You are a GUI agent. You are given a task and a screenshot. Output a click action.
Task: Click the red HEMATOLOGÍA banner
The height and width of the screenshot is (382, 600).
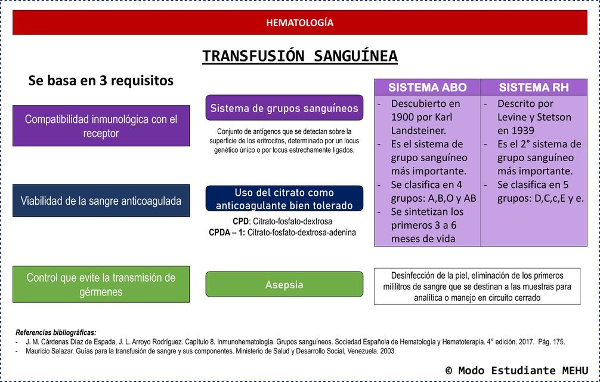point(299,23)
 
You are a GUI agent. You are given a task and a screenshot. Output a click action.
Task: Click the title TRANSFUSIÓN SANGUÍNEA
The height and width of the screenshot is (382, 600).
point(299,56)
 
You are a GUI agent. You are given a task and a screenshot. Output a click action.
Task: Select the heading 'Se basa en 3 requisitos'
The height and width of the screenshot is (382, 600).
point(101,81)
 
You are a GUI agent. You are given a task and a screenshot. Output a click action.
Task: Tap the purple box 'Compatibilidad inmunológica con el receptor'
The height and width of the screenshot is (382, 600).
point(101,126)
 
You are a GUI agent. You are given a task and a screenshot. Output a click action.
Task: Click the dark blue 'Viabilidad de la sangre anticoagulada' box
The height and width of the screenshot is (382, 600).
point(101,201)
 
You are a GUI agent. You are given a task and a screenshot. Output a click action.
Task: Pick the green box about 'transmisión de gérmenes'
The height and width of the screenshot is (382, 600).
point(101,285)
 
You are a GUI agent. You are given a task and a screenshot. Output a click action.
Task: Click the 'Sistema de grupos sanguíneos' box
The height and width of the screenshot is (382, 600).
point(284,108)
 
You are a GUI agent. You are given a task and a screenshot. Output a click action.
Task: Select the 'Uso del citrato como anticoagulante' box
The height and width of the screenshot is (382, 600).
point(284,199)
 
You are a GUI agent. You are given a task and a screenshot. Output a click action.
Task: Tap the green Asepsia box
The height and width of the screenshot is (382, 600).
point(284,285)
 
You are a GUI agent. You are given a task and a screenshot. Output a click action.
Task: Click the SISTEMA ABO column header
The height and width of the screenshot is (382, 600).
point(427,87)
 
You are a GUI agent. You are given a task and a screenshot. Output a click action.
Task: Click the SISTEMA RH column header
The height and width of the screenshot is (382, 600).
point(534,87)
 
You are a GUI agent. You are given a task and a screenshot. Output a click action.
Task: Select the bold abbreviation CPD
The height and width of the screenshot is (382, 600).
point(240,221)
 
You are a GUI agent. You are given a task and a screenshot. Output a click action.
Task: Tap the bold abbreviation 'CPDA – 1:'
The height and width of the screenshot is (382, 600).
point(227,232)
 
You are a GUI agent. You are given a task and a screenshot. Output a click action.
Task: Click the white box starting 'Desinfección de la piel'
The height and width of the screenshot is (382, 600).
point(477,286)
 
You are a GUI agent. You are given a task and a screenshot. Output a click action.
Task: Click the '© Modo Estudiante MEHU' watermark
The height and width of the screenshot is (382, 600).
point(517,370)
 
